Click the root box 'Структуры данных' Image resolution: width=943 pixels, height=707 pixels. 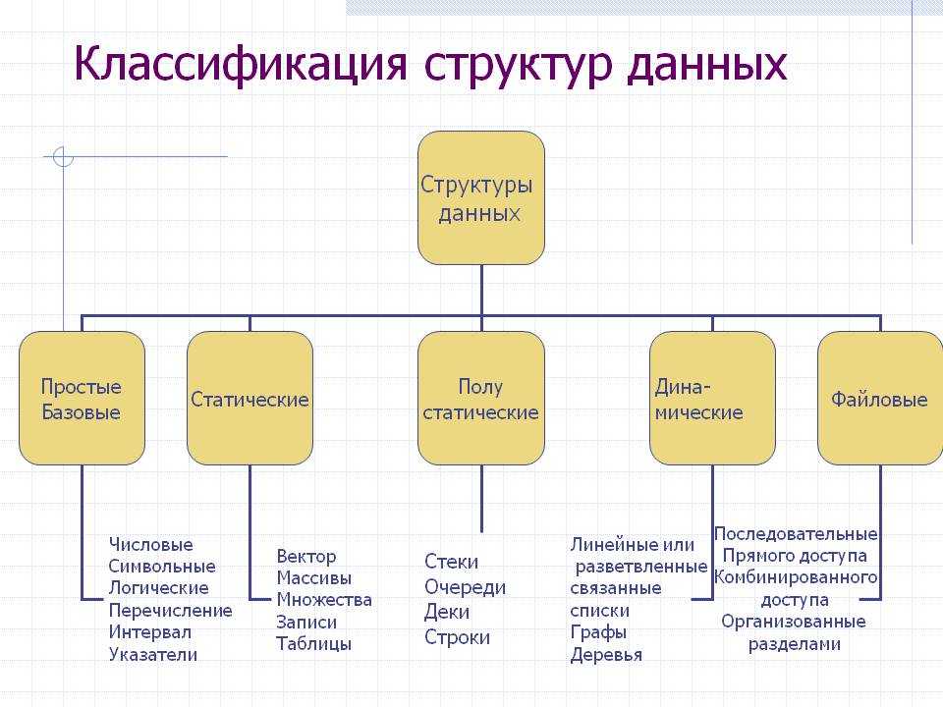click(481, 197)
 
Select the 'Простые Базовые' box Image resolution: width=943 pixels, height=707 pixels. click(82, 398)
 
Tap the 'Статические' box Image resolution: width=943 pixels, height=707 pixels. click(250, 398)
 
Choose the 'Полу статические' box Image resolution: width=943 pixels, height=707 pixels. click(481, 398)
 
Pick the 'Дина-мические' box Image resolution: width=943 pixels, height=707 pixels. click(712, 398)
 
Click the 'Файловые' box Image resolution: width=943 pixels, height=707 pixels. click(880, 398)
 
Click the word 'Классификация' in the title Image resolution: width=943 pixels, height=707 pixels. click(241, 64)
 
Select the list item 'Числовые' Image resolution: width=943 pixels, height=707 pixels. click(151, 545)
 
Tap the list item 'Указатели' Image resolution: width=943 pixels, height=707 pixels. click(153, 654)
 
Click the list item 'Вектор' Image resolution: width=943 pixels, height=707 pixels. click(306, 557)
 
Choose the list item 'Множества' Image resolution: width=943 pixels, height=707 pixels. click(324, 599)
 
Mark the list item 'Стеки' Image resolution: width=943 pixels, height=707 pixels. click(452, 562)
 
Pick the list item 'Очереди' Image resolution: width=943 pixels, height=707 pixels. click(465, 587)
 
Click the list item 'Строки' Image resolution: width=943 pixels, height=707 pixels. click(457, 637)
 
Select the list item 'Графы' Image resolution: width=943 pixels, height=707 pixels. click(598, 632)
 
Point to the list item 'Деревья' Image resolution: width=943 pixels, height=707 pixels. click(606, 655)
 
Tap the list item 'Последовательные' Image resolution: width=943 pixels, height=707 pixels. click(796, 534)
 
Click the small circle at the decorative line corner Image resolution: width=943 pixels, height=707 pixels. click(63, 157)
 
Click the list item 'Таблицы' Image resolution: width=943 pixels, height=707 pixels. click(314, 644)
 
